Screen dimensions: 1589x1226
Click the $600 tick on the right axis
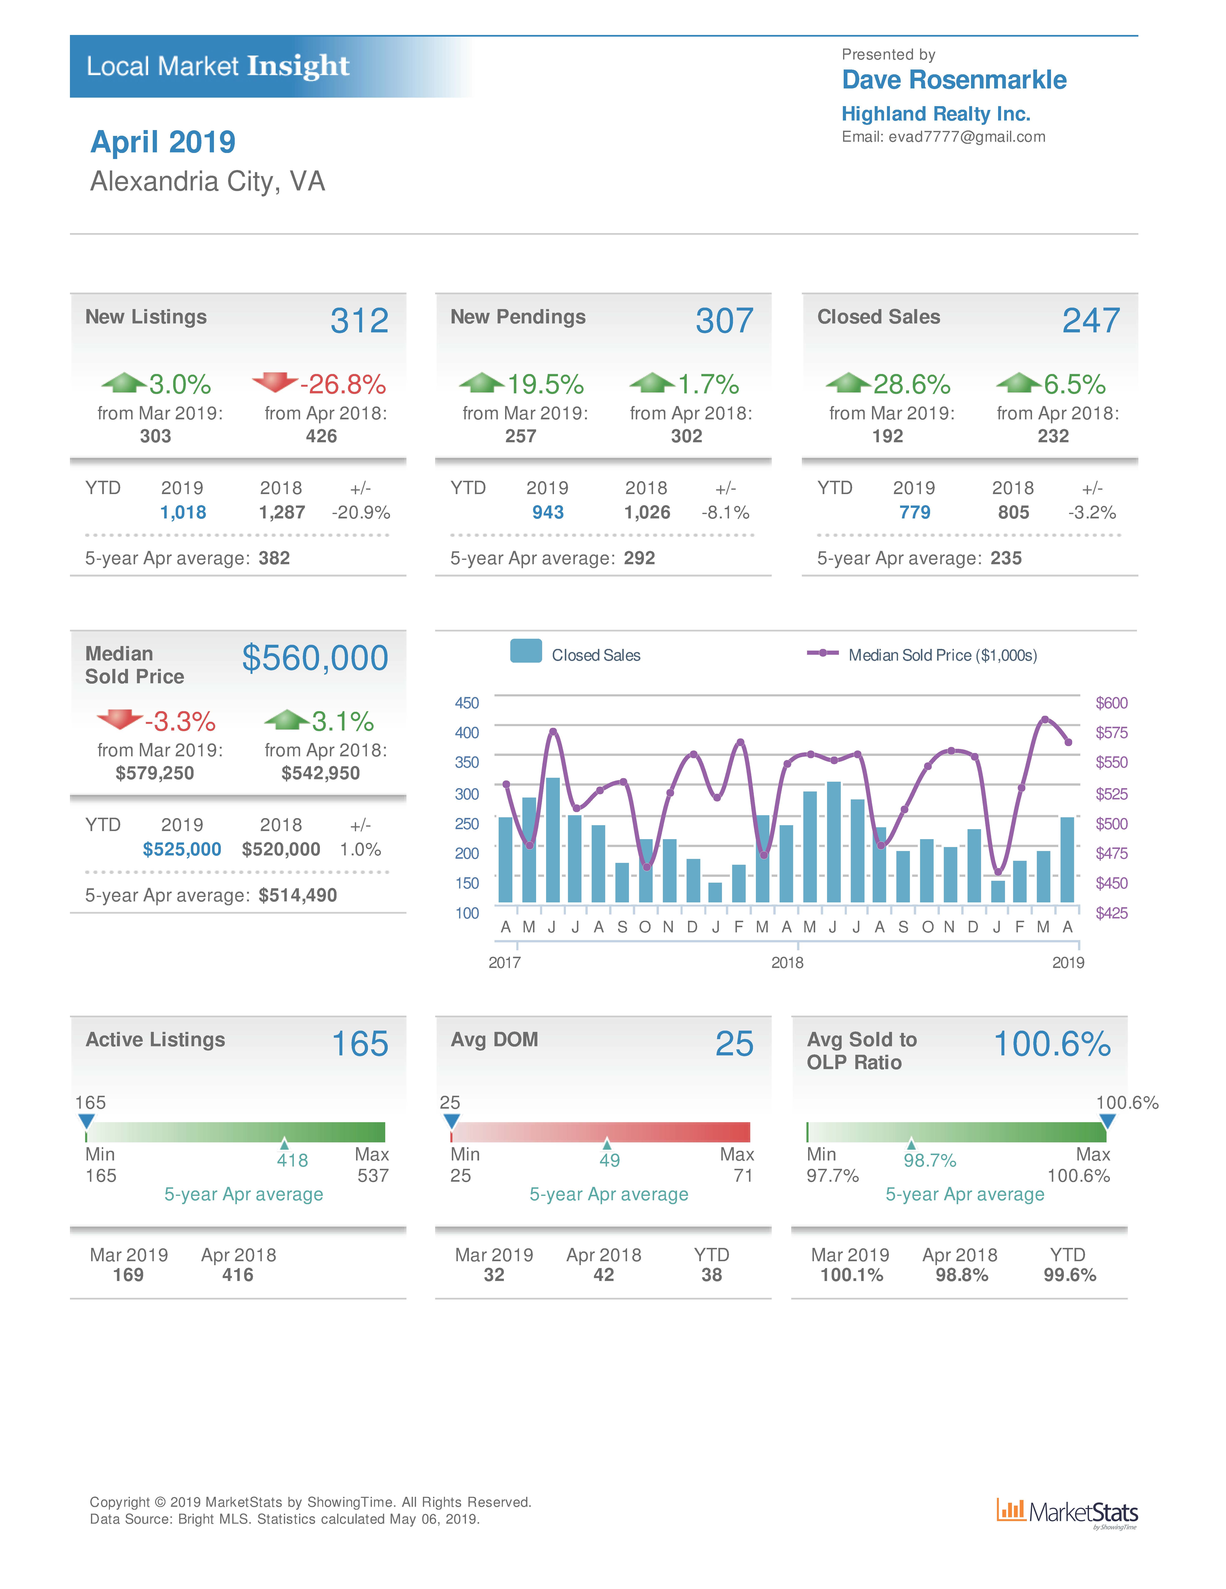(1111, 703)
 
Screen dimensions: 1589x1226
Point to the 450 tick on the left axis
(466, 703)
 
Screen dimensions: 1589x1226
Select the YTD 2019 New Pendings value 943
(547, 513)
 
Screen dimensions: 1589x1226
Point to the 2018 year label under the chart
(786, 963)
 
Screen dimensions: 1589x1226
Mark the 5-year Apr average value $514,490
(298, 896)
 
